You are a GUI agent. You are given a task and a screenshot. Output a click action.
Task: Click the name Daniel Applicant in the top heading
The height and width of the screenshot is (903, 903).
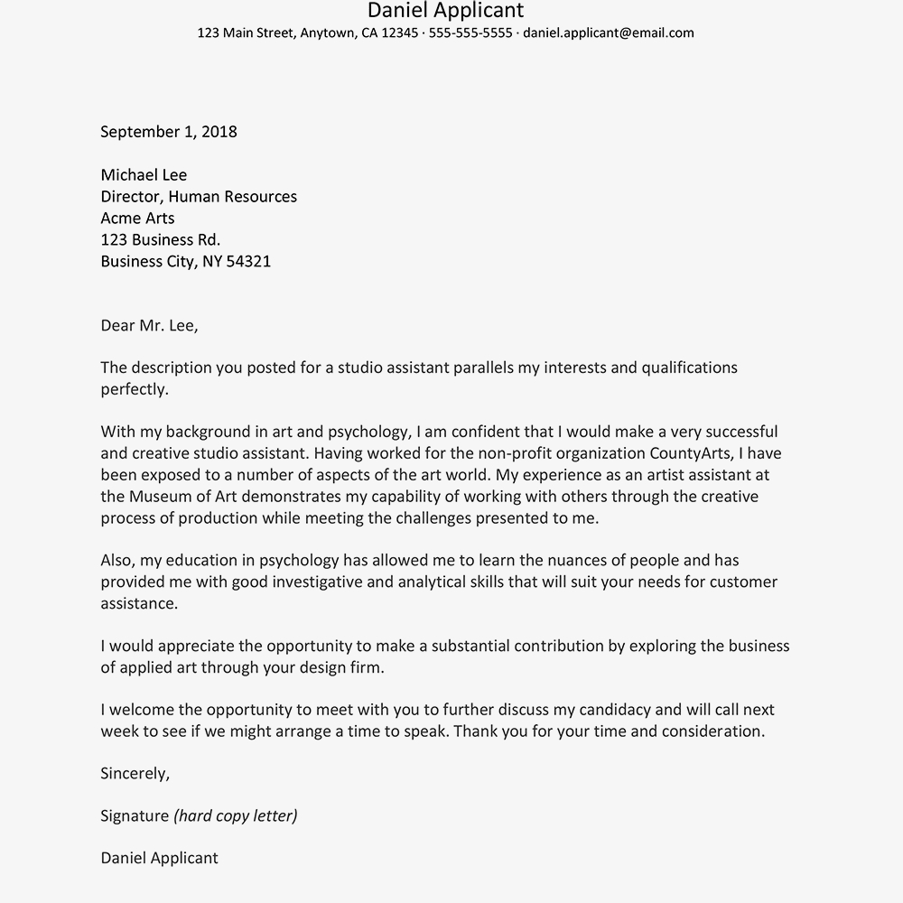[x=445, y=11]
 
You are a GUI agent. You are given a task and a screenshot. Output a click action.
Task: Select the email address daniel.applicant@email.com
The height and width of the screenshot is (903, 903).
[x=608, y=33]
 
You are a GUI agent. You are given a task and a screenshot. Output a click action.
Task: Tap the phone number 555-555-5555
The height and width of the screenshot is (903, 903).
[x=470, y=33]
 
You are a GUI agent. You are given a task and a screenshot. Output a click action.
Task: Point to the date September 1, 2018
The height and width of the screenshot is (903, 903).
[x=169, y=132]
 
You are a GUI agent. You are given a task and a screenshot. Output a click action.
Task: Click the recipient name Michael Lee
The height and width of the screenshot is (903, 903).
[x=144, y=175]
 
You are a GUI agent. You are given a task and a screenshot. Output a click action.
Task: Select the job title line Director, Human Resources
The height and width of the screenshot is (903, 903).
[x=199, y=197]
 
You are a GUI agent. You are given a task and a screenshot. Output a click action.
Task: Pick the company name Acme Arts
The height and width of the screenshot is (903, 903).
[x=137, y=219]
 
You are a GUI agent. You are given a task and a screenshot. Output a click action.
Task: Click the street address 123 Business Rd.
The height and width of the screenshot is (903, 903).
[x=161, y=240]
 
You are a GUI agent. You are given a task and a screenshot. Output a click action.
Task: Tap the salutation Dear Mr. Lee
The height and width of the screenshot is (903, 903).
[x=149, y=326]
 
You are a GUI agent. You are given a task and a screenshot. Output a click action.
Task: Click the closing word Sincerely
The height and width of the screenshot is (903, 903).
[x=135, y=774]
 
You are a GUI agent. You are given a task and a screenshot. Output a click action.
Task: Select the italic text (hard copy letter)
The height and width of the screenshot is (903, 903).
[x=236, y=816]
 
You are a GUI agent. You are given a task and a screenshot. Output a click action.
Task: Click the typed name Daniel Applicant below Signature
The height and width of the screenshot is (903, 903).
[x=159, y=859]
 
